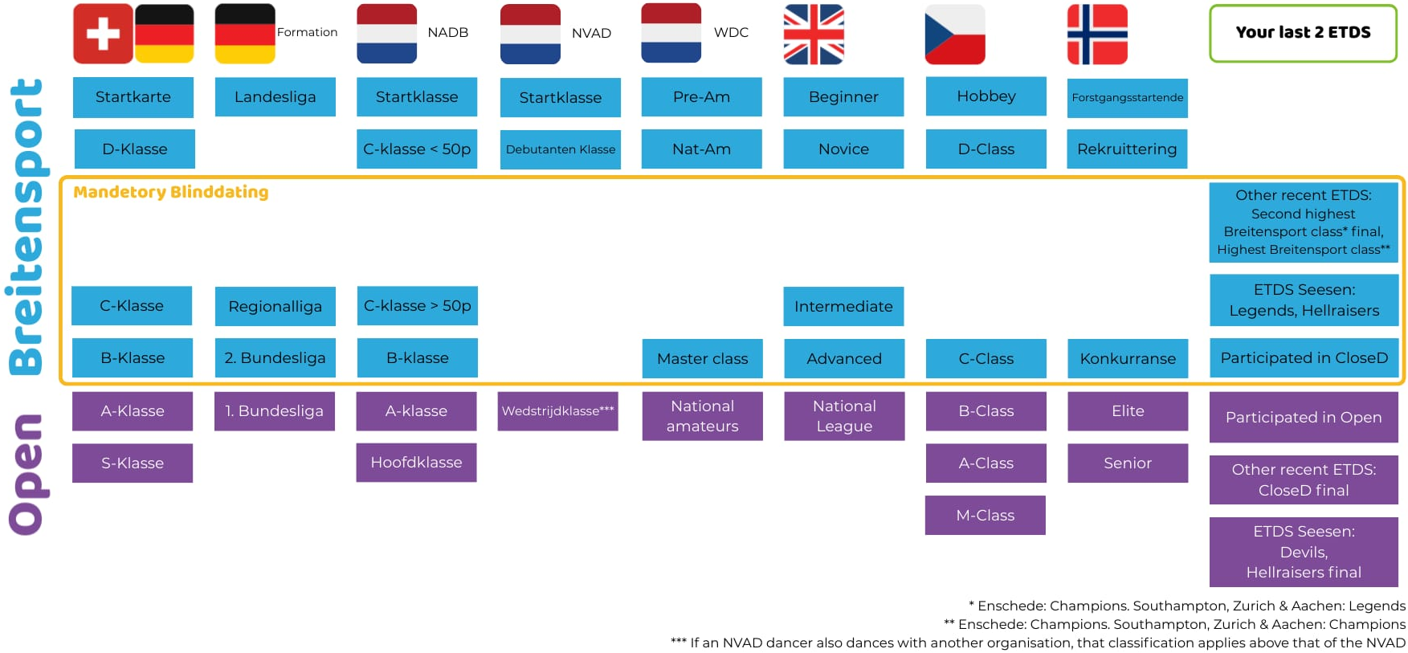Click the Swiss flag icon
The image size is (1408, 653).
[103, 34]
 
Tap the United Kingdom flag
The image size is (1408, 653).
[814, 34]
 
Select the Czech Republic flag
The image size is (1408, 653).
[955, 35]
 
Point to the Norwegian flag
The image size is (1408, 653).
[1097, 35]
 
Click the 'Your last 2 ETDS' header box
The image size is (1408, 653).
[1303, 33]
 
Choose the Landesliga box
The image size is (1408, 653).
[275, 97]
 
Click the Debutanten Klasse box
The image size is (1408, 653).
[560, 149]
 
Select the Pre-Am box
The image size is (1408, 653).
[701, 97]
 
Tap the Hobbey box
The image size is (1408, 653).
[986, 96]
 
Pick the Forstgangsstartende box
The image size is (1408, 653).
[1127, 98]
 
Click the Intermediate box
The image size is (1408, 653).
[843, 306]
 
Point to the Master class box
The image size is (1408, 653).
[702, 358]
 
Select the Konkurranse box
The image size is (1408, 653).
[1127, 358]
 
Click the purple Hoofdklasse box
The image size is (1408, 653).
[416, 463]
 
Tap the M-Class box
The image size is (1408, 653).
[985, 515]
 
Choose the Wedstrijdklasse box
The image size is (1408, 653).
[557, 411]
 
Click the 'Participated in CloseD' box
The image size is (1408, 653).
[1303, 358]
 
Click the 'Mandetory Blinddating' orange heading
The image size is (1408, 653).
[171, 192]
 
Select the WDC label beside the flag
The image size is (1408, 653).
[731, 33]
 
